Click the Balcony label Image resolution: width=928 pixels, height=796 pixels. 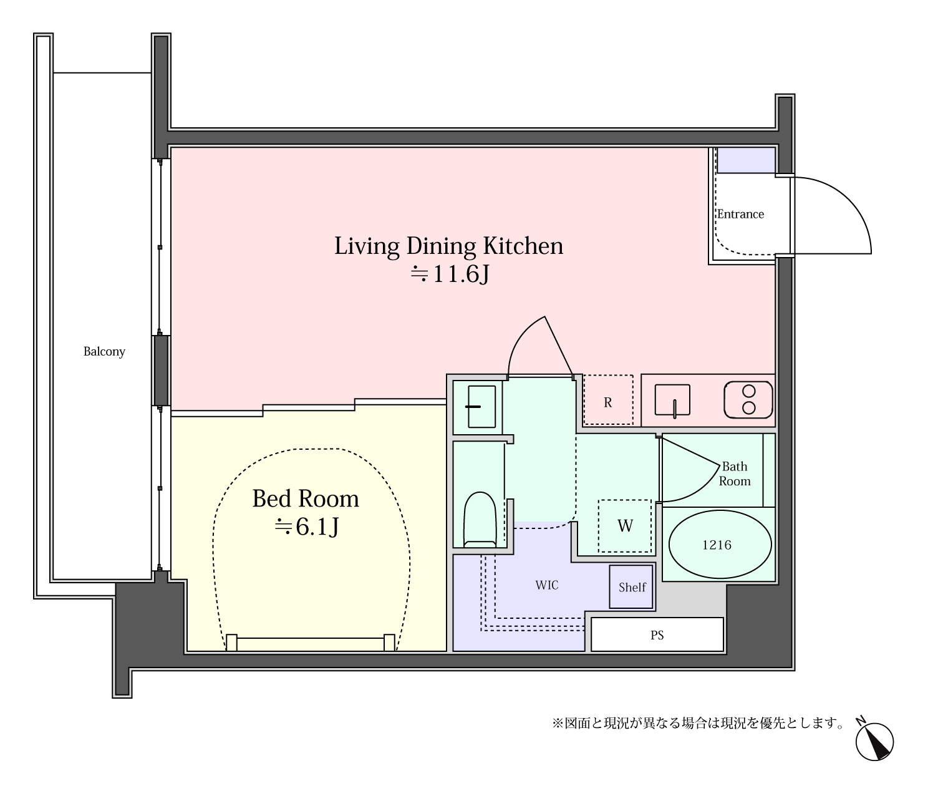tap(104, 351)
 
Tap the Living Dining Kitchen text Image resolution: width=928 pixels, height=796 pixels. tap(448, 246)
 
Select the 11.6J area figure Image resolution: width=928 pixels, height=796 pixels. tap(450, 274)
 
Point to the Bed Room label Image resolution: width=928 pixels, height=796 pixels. tap(306, 498)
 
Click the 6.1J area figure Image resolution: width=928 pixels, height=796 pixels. tap(307, 527)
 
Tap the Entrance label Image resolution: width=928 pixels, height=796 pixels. tap(740, 214)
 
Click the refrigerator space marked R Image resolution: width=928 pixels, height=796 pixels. tap(608, 400)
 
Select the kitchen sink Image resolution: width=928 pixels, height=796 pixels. tap(672, 400)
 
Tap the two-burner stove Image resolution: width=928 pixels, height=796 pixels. tap(748, 399)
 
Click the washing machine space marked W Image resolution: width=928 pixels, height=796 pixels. tap(624, 526)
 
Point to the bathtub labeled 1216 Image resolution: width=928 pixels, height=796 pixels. tap(720, 545)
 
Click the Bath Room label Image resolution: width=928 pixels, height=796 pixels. tap(735, 474)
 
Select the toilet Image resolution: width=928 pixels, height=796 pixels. tap(480, 519)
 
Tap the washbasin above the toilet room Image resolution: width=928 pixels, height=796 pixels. tap(481, 407)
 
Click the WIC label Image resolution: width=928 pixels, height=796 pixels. tap(547, 585)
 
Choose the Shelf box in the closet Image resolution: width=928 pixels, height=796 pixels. tap(631, 586)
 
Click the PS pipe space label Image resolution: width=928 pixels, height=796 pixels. tap(657, 635)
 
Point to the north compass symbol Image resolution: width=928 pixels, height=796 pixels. tap(874, 742)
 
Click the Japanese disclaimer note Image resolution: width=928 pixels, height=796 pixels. tap(698, 723)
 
